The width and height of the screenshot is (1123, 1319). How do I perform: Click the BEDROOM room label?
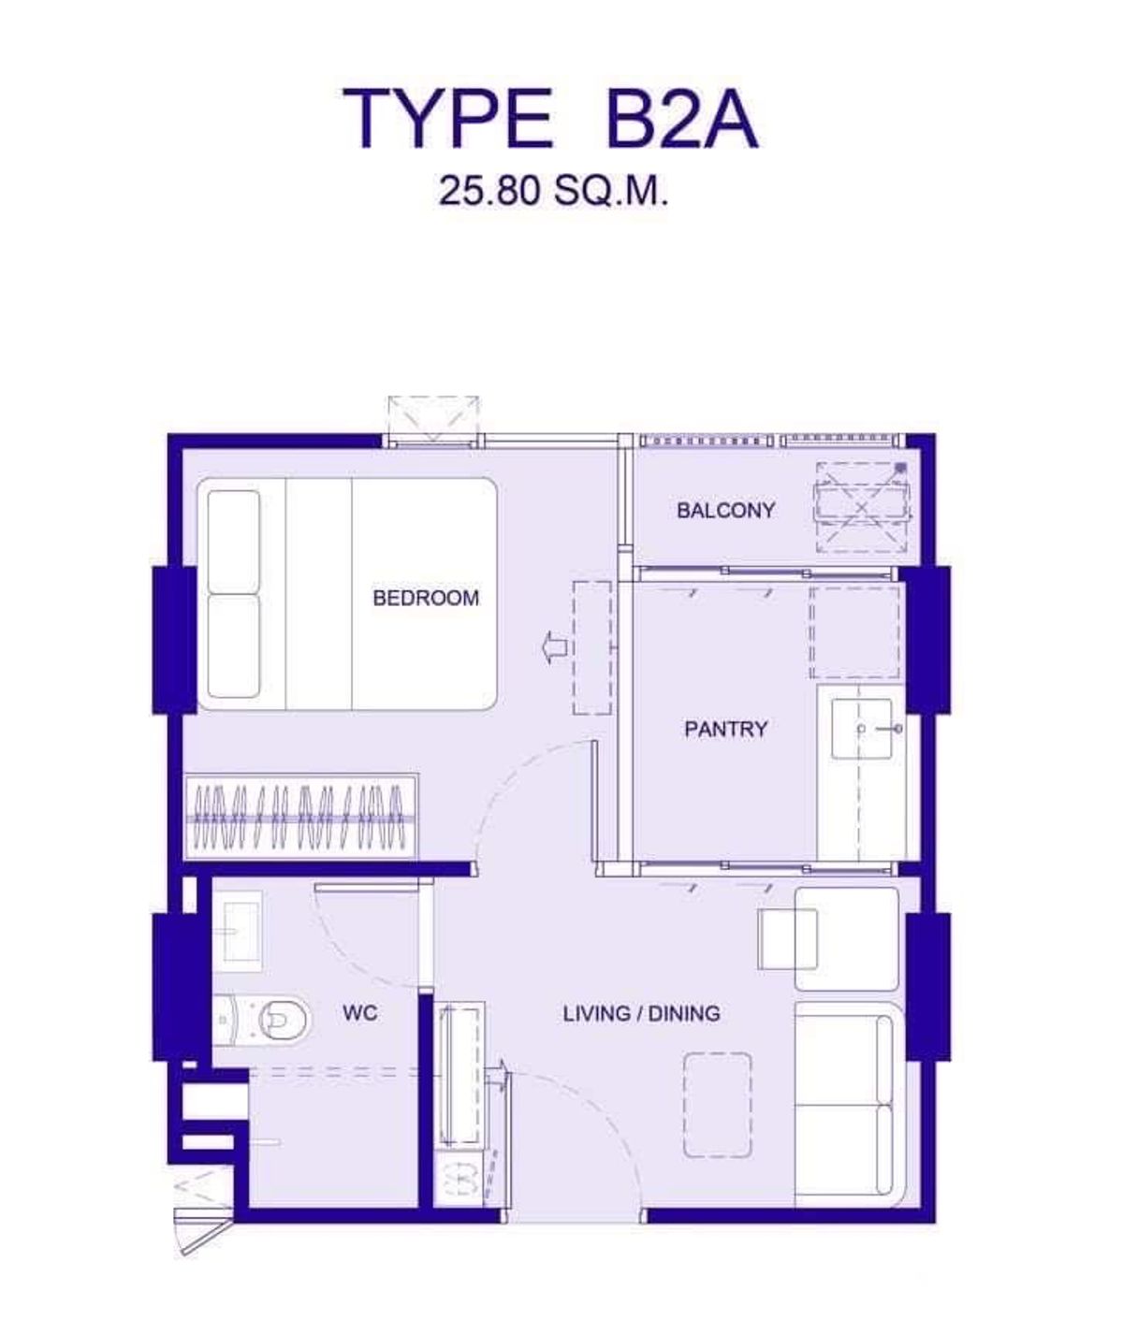pos(426,598)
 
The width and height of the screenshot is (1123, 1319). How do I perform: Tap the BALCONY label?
pos(726,510)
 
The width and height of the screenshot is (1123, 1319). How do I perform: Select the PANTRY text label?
pos(726,729)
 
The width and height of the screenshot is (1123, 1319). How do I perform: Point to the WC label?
pos(360,1013)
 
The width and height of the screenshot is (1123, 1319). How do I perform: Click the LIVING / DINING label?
pos(642,1013)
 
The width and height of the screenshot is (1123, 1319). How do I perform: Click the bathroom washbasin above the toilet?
pos(238,932)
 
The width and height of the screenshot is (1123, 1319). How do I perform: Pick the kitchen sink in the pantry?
pos(862,729)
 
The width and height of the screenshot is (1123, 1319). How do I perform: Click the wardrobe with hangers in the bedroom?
pos(301,817)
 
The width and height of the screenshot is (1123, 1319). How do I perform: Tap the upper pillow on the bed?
pos(234,542)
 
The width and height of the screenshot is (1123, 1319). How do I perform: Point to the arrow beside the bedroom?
pos(554,647)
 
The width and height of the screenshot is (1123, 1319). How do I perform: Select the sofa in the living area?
pos(849,1103)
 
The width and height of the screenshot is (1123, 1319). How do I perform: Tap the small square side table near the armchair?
pos(788,938)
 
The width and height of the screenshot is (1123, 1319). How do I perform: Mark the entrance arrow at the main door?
pos(497,1073)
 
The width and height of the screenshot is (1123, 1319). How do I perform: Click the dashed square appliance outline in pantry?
pos(854,631)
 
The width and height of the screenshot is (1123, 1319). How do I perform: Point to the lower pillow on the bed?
pos(234,646)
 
